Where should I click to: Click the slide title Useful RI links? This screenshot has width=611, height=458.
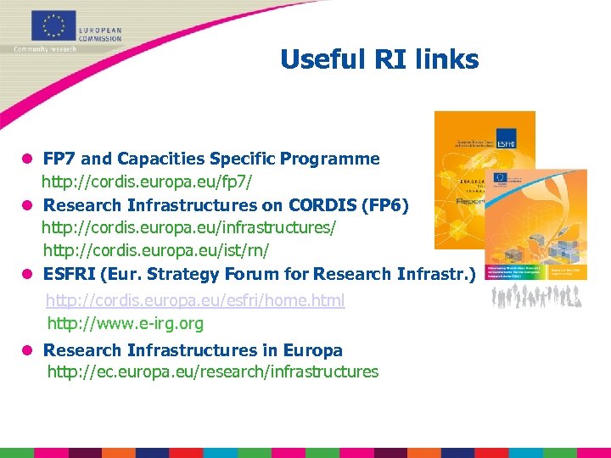[379, 59]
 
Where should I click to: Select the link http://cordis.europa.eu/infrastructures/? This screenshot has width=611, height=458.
[189, 228]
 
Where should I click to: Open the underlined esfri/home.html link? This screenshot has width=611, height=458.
[195, 301]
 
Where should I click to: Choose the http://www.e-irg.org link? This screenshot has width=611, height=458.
[126, 323]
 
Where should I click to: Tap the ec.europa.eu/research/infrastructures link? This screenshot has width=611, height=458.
[213, 371]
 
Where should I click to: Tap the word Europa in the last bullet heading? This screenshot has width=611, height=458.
[314, 350]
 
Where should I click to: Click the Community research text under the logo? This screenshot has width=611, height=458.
[44, 49]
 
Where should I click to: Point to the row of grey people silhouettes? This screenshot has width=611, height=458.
[535, 295]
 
